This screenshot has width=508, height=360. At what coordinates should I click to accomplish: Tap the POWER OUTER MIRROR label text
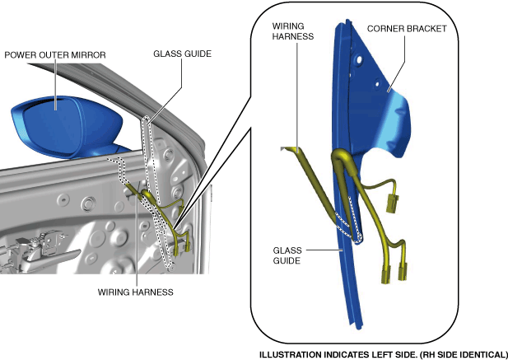coord(55,55)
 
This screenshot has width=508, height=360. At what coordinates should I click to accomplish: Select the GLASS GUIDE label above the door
coord(182,54)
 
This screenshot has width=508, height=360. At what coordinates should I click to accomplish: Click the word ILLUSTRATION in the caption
coord(288,355)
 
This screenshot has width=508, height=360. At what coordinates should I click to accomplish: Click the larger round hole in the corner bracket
coord(360,61)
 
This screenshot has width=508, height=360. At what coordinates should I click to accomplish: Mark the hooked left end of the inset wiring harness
coord(284,148)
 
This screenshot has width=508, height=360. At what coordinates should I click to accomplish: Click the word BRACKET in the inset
coord(427,28)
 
